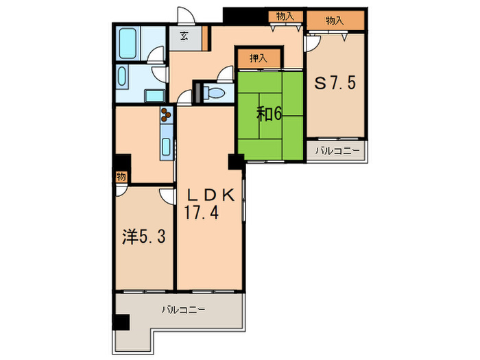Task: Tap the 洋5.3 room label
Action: [144, 237]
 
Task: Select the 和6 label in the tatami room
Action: [269, 115]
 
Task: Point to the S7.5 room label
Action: [335, 83]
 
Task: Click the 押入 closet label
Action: [259, 58]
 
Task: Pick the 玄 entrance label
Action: [184, 36]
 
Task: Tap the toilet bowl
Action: [216, 92]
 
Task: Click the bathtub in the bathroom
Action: [128, 43]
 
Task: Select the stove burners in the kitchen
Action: [166, 115]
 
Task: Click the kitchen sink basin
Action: [166, 147]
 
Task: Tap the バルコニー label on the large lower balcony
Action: [183, 310]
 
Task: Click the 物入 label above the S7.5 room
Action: [335, 21]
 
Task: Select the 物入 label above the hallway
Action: [285, 16]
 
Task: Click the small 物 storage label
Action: [121, 177]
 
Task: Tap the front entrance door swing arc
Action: [186, 14]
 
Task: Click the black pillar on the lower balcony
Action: [121, 322]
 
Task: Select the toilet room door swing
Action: [226, 73]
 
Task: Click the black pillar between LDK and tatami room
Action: [237, 162]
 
